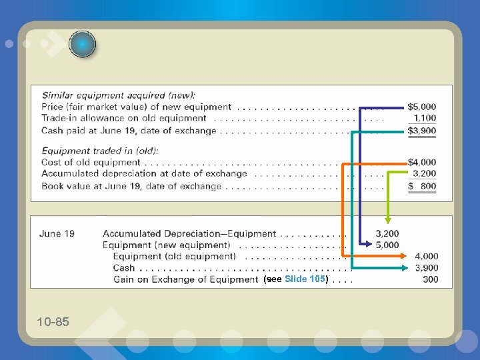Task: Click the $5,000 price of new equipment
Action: pos(422,107)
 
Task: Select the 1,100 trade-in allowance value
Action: pos(425,118)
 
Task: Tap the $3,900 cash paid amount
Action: pos(422,131)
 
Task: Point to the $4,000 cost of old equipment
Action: pos(422,162)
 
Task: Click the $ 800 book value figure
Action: pos(423,186)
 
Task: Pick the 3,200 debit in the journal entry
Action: pos(387,233)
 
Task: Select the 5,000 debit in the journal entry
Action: pos(387,245)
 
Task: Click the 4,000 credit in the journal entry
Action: pos(427,256)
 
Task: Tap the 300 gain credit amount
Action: pos(431,279)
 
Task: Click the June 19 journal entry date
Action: pos(57,233)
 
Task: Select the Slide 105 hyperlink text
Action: pos(304,279)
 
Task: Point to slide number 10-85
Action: pos(53,322)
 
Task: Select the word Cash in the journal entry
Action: pos(124,268)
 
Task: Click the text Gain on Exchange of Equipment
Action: pos(185,279)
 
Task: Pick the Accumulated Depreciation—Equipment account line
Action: pos(189,233)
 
